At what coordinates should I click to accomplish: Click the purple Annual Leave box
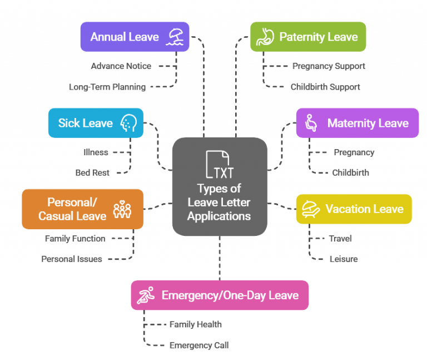tap(135, 37)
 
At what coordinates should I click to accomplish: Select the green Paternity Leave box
tap(307, 37)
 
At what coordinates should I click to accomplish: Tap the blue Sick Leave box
tap(95, 123)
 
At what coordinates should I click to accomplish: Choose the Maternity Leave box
tap(357, 123)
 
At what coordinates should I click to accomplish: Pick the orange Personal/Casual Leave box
tap(82, 209)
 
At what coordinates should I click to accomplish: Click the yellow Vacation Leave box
tap(354, 209)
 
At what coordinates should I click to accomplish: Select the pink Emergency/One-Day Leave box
tap(219, 295)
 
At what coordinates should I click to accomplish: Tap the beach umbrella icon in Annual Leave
tap(177, 37)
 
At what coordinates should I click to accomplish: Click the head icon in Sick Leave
tap(129, 123)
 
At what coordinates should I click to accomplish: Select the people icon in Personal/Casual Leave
tap(122, 209)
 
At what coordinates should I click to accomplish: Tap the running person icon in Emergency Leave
tap(146, 295)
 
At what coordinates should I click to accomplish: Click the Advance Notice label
tap(121, 66)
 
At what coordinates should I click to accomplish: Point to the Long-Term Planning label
tap(107, 87)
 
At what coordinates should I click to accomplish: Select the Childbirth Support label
tap(325, 87)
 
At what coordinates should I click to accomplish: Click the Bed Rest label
tap(92, 172)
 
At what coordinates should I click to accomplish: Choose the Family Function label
tap(75, 238)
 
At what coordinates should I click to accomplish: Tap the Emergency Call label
tap(198, 345)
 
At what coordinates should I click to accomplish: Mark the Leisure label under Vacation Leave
tap(343, 259)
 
